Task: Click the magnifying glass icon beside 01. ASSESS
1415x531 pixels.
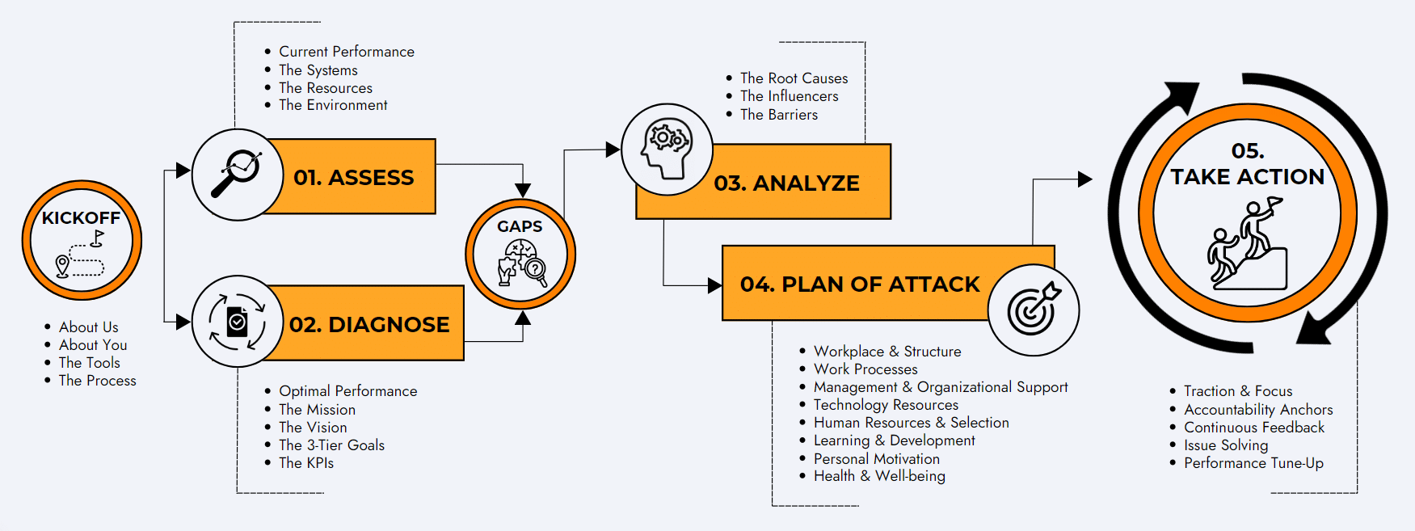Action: [x=236, y=174]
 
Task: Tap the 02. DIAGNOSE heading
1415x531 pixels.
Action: [x=369, y=324]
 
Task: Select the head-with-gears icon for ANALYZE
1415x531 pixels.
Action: [x=667, y=149]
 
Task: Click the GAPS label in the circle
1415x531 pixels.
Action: [x=520, y=226]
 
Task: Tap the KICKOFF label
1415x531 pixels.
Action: [x=81, y=218]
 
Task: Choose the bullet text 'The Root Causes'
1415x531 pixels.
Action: [x=794, y=78]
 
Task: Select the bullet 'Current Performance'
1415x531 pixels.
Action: [x=347, y=52]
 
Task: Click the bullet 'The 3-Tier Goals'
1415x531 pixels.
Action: [x=331, y=445]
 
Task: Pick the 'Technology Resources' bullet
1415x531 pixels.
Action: [x=886, y=405]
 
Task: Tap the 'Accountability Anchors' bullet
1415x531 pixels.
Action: [x=1258, y=410]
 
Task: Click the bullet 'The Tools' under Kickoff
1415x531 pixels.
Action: [x=89, y=363]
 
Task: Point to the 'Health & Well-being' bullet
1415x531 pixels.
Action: [x=879, y=476]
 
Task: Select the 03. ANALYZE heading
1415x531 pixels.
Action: [x=786, y=183]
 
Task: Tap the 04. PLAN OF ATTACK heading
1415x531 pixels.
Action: [x=860, y=284]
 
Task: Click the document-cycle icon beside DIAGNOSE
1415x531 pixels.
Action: [x=237, y=322]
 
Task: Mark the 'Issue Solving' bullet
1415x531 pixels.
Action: [x=1226, y=445]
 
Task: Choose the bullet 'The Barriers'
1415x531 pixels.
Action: [x=779, y=115]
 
